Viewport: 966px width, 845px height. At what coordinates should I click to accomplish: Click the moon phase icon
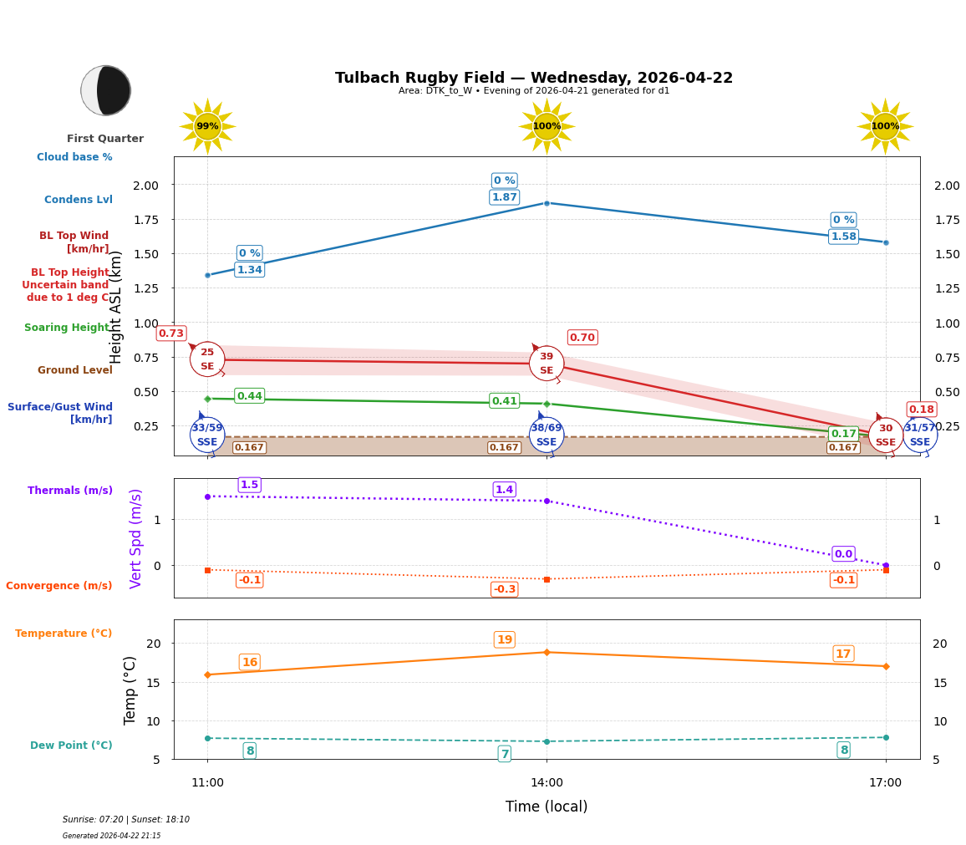105,90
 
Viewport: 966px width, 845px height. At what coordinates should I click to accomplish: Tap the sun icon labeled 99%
207,126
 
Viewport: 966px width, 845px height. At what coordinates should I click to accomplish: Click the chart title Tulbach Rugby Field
533,78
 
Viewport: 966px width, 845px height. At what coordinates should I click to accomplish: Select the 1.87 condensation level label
504,197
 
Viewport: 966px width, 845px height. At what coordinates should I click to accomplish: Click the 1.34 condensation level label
249,270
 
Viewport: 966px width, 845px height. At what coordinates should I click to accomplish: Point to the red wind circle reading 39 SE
547,364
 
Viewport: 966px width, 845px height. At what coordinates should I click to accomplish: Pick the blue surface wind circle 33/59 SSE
207,435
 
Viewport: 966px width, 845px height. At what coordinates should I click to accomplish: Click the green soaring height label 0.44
249,396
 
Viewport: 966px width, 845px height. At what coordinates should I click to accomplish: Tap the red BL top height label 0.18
921,410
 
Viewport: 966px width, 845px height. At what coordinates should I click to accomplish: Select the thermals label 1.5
249,485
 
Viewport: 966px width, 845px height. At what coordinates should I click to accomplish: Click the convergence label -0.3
504,589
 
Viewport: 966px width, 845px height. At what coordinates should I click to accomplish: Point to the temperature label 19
504,640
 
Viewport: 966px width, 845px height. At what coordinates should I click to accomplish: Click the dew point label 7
504,754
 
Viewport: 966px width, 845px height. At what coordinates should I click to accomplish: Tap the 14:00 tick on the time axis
547,783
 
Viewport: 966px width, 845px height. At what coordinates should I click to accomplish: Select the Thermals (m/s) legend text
70,491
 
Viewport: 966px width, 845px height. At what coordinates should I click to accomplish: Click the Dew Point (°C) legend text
71,746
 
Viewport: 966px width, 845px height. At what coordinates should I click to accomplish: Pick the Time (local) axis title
547,807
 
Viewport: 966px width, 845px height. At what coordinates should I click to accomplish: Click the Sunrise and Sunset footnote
126,820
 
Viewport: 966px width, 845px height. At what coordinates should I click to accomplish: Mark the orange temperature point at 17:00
886,666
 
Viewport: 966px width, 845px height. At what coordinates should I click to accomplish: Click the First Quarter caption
105,139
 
